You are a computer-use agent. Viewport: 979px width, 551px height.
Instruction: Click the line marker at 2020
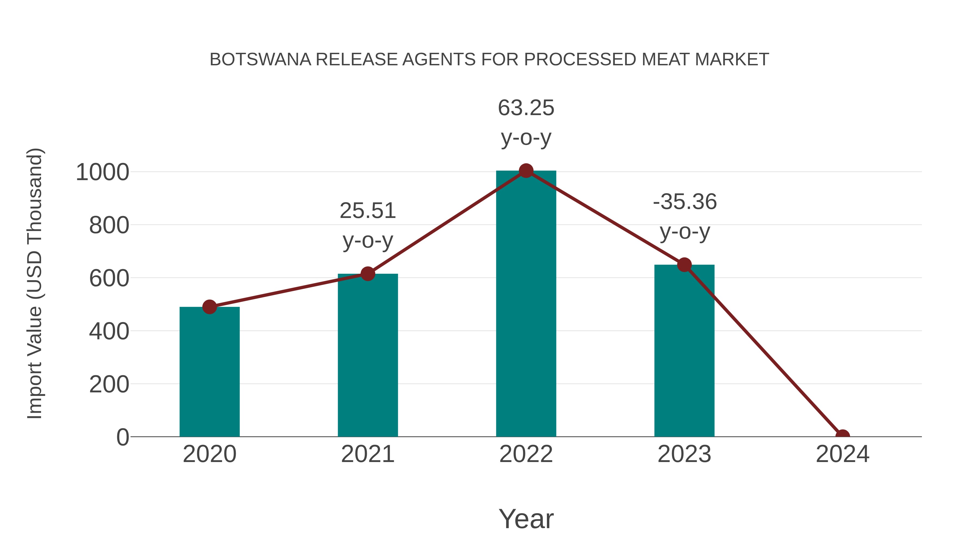click(x=209, y=306)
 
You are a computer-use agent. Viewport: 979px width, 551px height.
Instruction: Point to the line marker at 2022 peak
click(x=526, y=171)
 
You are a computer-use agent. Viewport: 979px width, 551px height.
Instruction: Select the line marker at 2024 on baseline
click(x=842, y=436)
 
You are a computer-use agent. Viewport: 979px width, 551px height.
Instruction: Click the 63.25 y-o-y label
click(x=526, y=122)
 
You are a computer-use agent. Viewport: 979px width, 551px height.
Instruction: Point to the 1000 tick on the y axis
click(x=103, y=172)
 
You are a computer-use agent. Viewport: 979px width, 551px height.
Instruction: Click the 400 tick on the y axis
click(x=109, y=331)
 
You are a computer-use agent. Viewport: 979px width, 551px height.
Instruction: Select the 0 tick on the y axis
click(x=122, y=437)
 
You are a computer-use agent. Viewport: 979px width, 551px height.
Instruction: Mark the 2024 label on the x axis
click(x=842, y=454)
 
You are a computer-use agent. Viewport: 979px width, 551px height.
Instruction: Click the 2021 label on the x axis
click(x=367, y=454)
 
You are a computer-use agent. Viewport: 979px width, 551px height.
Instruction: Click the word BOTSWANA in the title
click(x=260, y=60)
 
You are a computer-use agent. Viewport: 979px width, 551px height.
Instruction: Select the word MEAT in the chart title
click(x=666, y=60)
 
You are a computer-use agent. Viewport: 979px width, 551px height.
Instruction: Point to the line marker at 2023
click(x=684, y=265)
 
